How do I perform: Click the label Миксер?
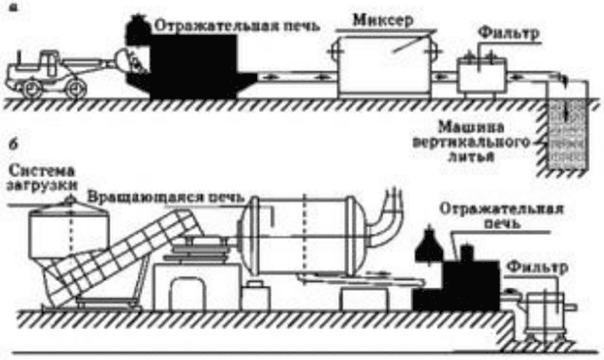(382, 20)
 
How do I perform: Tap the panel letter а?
(12, 8)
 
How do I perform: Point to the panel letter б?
(13, 145)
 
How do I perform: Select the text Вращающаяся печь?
(165, 197)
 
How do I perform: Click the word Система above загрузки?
(42, 170)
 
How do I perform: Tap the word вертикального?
(472, 142)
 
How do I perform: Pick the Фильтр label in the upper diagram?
(508, 33)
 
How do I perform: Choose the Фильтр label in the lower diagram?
(536, 267)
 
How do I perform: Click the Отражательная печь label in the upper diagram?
(237, 26)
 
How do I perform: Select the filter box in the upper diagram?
(482, 75)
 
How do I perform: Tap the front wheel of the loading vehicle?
(75, 88)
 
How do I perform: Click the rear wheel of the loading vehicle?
(31, 89)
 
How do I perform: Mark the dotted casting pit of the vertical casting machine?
(566, 135)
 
